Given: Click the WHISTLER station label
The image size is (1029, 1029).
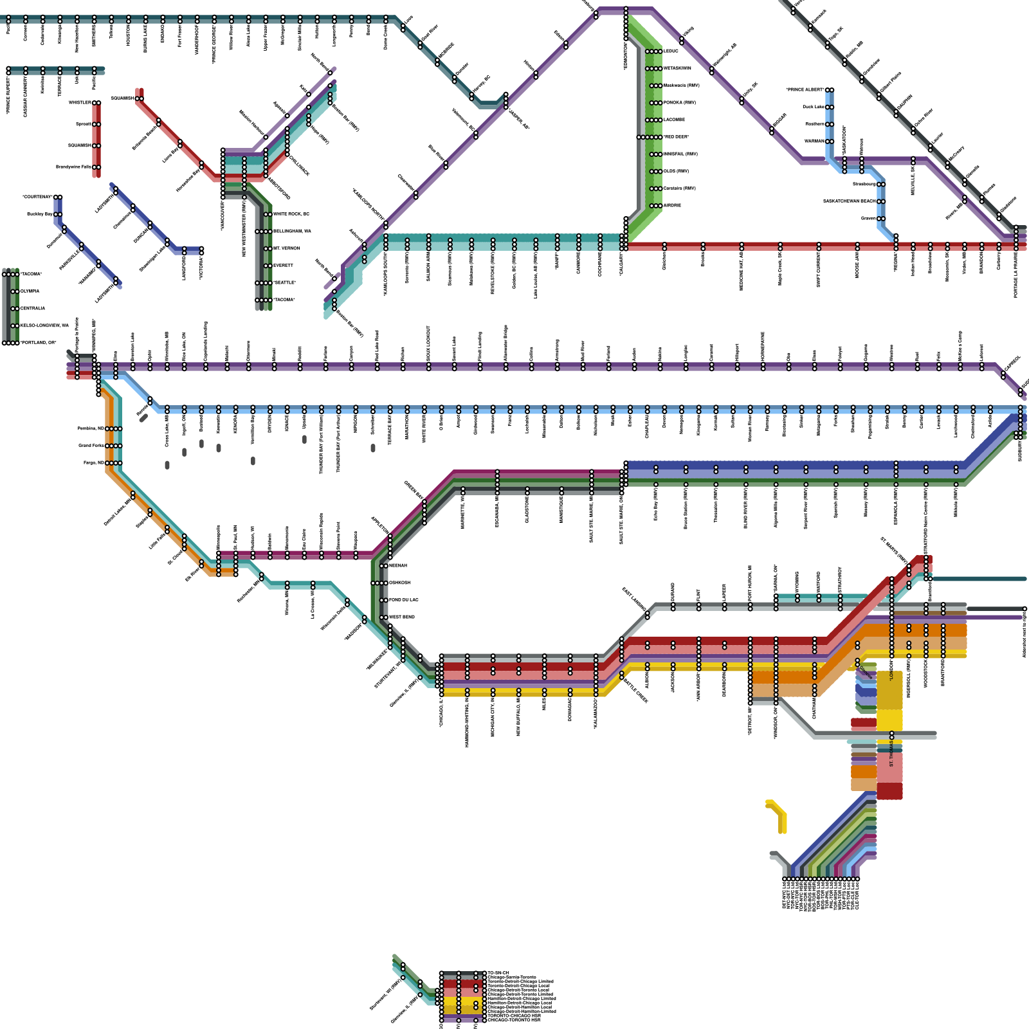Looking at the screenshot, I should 80,103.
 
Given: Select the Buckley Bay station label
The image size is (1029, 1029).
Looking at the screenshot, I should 40,214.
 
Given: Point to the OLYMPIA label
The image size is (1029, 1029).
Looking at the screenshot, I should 30,291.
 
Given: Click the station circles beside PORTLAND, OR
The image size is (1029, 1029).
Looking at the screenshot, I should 10,343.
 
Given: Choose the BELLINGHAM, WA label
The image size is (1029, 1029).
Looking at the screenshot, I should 292,231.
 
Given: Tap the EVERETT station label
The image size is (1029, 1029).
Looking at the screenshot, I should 283,265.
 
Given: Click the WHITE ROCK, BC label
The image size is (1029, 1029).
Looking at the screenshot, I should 291,214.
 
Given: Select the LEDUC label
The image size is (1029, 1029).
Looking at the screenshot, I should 671,51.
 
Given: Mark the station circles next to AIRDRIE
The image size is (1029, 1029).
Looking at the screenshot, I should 655,206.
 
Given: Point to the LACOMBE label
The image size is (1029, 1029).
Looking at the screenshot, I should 674,120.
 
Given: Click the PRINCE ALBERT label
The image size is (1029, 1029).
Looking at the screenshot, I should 805,89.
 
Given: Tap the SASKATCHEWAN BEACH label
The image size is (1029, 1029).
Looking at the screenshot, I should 850,201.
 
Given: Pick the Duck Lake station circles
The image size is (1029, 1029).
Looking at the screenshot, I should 830,107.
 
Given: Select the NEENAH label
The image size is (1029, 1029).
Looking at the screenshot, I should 398,565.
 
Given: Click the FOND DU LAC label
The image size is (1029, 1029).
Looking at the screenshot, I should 403,599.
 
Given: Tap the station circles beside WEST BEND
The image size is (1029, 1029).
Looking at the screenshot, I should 384,617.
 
